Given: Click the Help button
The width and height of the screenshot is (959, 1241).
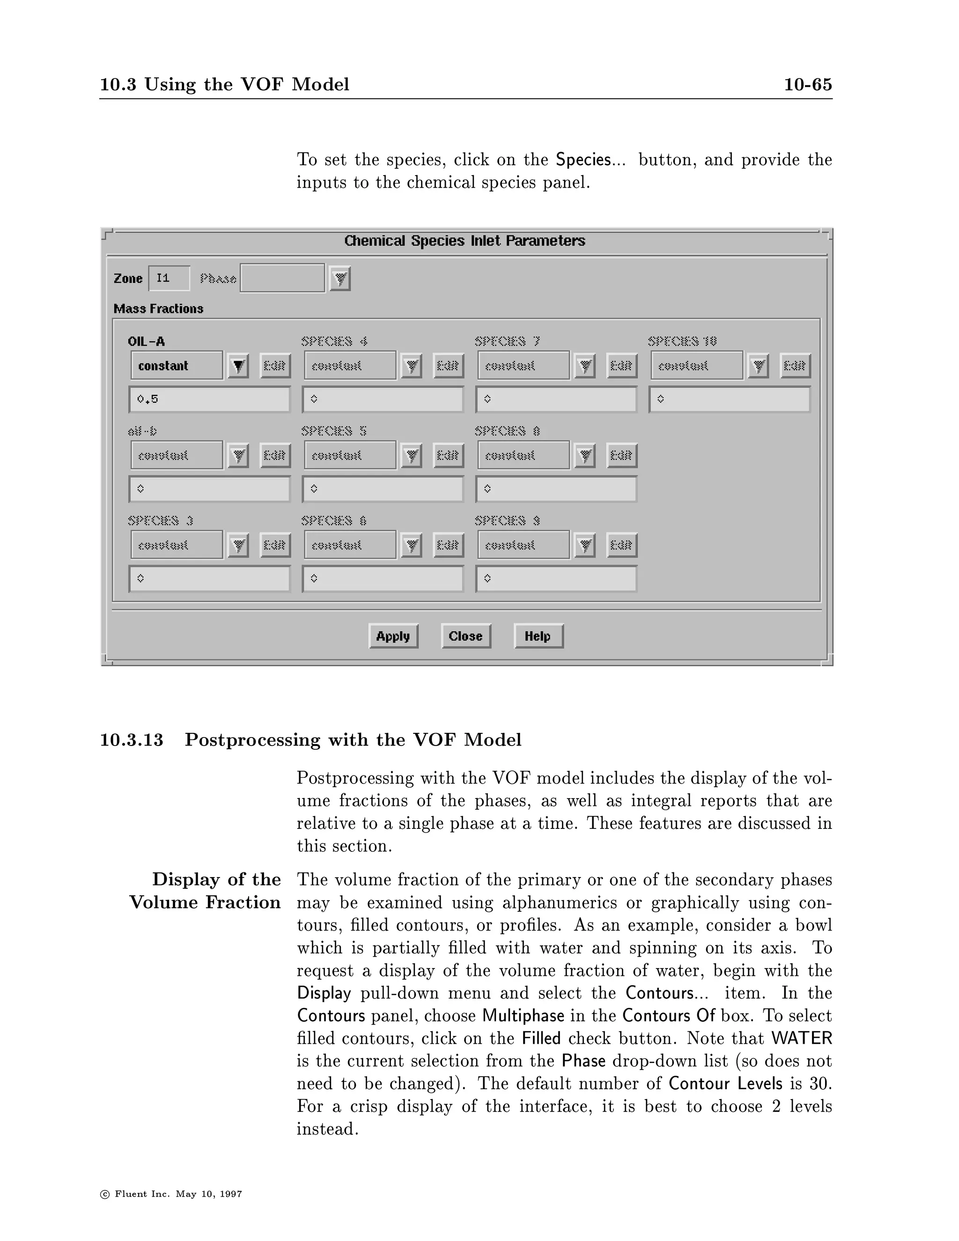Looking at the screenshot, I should coord(538,636).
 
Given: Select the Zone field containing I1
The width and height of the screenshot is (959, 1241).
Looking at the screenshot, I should coord(169,279).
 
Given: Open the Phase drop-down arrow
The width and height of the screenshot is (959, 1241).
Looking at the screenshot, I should coord(340,279).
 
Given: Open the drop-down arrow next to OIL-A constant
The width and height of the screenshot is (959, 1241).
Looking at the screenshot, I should coord(238,366).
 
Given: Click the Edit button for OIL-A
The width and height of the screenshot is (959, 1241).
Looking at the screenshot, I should coord(275,366).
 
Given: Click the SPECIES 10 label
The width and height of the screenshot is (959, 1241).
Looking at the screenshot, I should coord(682,341).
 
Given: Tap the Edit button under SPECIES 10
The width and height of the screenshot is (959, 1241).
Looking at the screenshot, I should coord(795,366).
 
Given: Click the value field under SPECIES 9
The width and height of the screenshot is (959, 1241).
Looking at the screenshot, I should coord(556,579).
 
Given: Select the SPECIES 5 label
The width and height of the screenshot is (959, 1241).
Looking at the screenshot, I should coord(334,431).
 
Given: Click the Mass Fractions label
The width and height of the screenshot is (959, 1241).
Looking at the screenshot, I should coord(159,309).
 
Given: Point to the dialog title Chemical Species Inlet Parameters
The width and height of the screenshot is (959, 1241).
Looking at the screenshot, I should coord(465,241).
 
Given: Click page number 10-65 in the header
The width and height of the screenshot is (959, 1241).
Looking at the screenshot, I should coord(807,85).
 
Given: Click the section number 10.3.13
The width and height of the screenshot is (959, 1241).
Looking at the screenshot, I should coord(132,740).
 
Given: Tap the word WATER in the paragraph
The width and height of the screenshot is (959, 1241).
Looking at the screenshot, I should coord(802,1038).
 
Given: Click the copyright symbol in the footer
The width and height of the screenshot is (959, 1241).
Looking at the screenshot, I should coord(104,1194).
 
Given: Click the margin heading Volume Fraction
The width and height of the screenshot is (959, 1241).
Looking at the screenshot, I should coord(205,902).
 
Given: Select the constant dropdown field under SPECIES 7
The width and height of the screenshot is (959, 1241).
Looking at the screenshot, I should coord(523,366).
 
